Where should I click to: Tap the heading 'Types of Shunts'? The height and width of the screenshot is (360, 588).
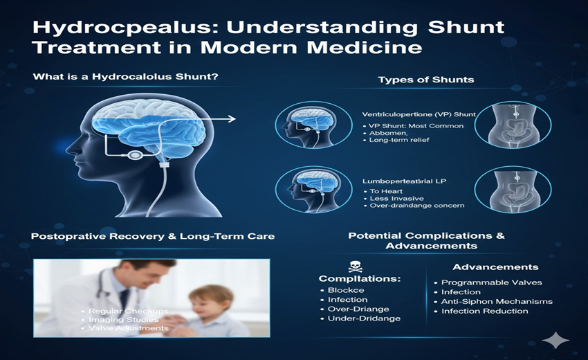pos(425,80)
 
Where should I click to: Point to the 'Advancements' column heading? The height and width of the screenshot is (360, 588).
pos(495,267)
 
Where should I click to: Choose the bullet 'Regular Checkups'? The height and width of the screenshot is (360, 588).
pos(129,311)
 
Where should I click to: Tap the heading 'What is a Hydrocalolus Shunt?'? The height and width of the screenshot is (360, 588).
pos(126,76)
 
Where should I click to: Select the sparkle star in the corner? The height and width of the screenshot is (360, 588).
pos(555,340)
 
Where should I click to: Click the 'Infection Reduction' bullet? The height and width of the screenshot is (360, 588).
pos(485,311)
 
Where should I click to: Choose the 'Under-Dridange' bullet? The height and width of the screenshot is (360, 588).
pos(364,318)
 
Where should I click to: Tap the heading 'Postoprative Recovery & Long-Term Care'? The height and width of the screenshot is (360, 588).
pos(153,236)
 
